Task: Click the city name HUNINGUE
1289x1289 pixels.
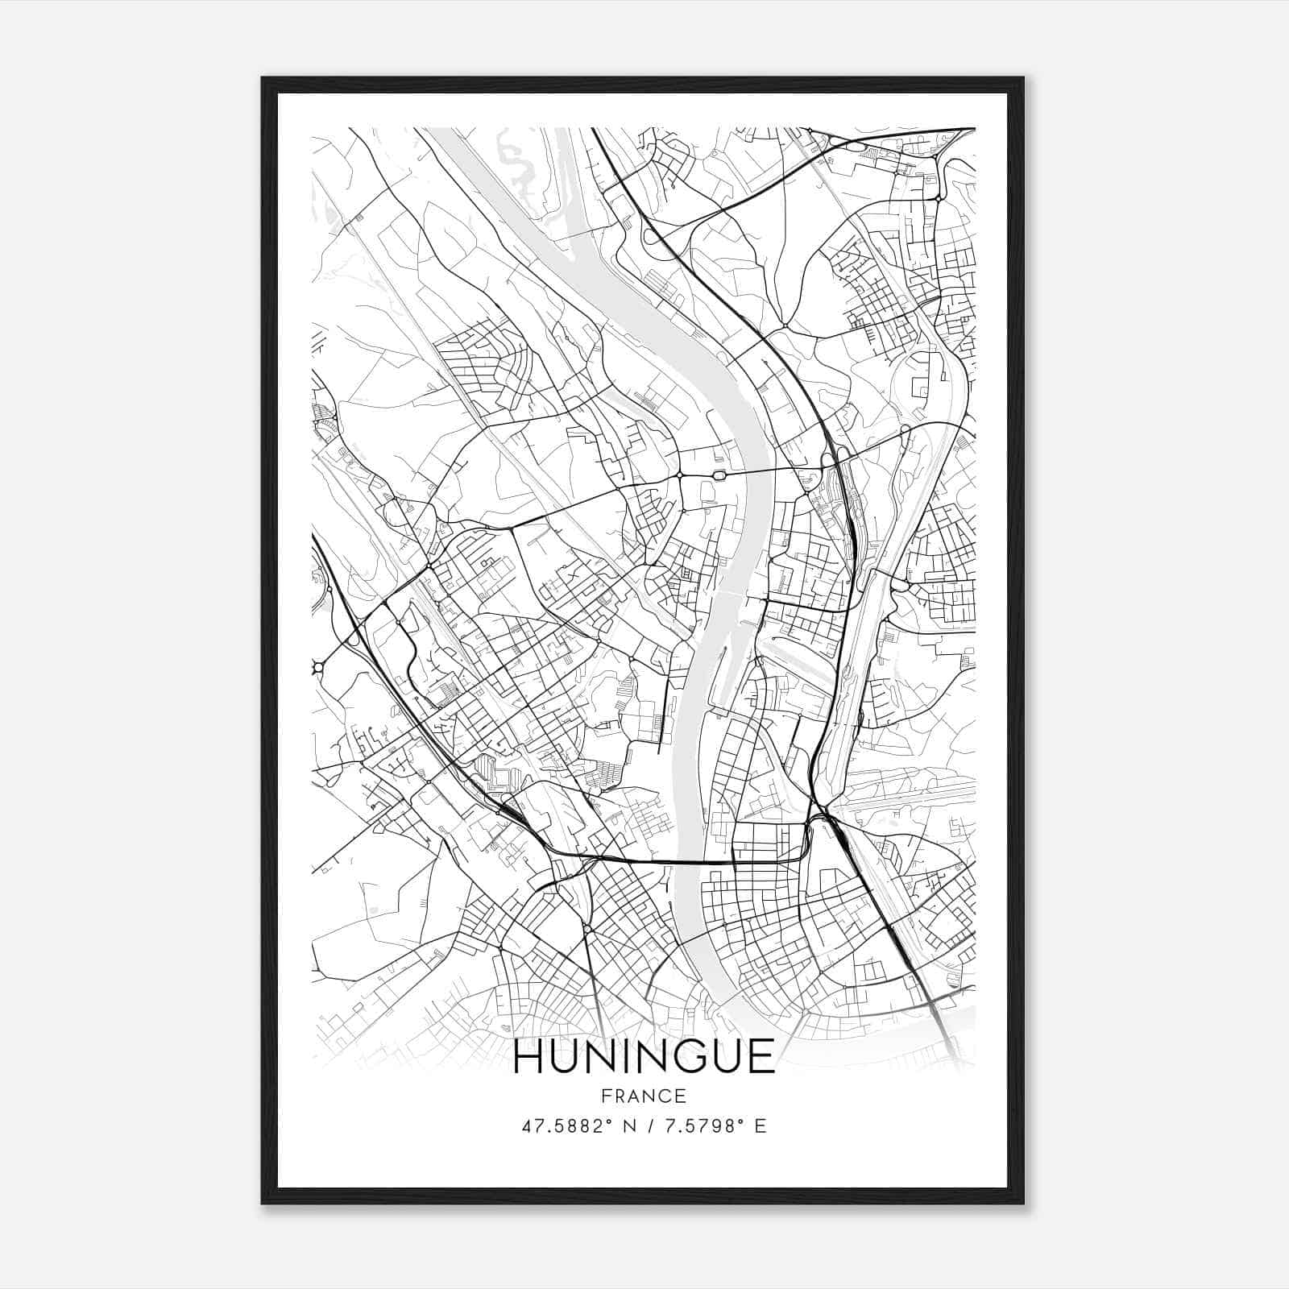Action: click(644, 1057)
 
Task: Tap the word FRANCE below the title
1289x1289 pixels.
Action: click(644, 1096)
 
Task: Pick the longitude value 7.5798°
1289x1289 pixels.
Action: click(698, 1126)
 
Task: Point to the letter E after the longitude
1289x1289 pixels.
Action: click(761, 1126)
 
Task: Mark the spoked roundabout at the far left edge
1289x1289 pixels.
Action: click(317, 667)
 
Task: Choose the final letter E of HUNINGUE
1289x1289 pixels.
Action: click(761, 1057)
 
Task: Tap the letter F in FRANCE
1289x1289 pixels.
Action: click(606, 1096)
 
